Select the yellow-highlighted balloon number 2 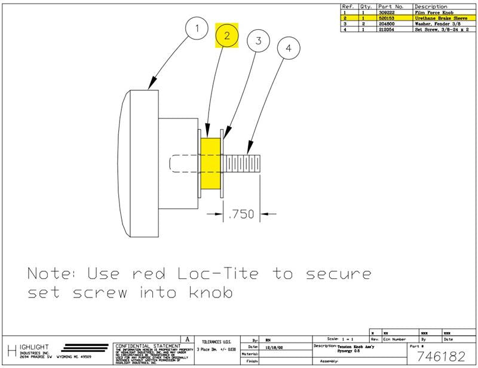click(x=227, y=36)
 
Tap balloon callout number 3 click(x=258, y=42)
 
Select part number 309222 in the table click(x=387, y=13)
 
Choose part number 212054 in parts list click(x=387, y=29)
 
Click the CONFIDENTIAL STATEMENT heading click(x=147, y=346)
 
